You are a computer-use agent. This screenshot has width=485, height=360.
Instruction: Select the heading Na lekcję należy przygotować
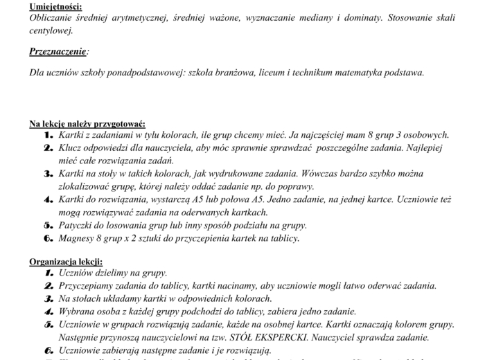pos(87,124)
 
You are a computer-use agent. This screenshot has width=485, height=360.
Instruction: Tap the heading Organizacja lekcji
pos(66,262)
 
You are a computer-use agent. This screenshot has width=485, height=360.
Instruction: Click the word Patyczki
pos(78,225)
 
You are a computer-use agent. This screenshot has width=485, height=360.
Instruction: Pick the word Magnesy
pos(77,238)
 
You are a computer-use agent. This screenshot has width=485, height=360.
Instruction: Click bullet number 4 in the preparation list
pos(48,199)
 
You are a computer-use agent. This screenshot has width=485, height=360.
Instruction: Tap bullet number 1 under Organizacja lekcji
pos(48,273)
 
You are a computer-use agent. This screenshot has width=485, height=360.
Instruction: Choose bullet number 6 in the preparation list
pos(48,238)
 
